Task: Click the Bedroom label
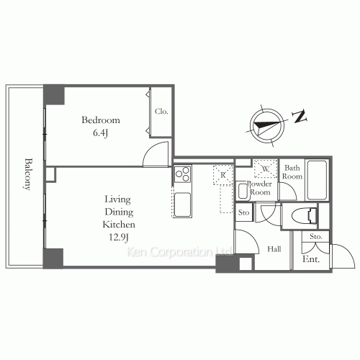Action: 100,120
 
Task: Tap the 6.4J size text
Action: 100,133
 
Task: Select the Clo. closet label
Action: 161,112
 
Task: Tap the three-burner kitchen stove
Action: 182,174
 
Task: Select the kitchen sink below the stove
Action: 182,202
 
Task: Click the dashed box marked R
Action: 223,175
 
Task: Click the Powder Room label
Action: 259,188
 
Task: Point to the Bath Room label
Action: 292,172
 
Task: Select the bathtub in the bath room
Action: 317,180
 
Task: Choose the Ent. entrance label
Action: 312,260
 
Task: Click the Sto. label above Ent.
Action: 315,237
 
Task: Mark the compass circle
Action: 264,125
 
